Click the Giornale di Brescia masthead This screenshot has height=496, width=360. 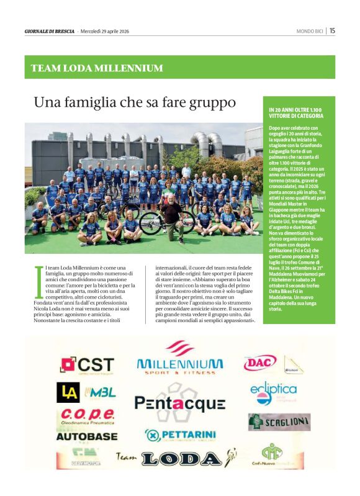50,30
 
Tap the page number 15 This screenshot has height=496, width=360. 332,30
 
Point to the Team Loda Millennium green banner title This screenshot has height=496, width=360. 97,68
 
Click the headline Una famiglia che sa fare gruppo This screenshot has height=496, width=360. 135,101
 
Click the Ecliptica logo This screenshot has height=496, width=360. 274,392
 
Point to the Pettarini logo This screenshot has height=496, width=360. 180,435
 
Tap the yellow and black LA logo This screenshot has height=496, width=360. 68,392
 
